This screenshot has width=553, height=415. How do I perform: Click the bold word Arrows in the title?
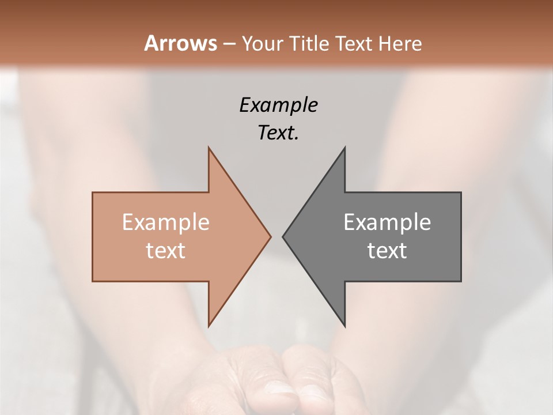pyautogui.click(x=180, y=43)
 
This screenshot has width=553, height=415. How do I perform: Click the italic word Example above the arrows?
pyautogui.click(x=278, y=105)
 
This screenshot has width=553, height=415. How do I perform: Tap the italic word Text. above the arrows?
pyautogui.click(x=278, y=133)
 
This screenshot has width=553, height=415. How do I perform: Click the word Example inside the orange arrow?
pyautogui.click(x=166, y=222)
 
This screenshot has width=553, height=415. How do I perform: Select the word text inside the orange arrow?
pyautogui.click(x=166, y=251)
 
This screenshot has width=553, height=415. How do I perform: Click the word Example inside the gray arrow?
pyautogui.click(x=387, y=222)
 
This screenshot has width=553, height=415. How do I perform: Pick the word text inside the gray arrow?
pyautogui.click(x=387, y=251)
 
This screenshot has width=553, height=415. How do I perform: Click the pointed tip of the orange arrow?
pyautogui.click(x=270, y=236)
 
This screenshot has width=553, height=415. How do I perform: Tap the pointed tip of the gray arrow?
pyautogui.click(x=283, y=236)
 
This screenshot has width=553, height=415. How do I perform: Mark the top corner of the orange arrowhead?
pyautogui.click(x=209, y=148)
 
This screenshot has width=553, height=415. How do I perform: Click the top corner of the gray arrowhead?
pyautogui.click(x=344, y=148)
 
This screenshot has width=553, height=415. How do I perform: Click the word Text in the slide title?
pyautogui.click(x=354, y=44)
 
